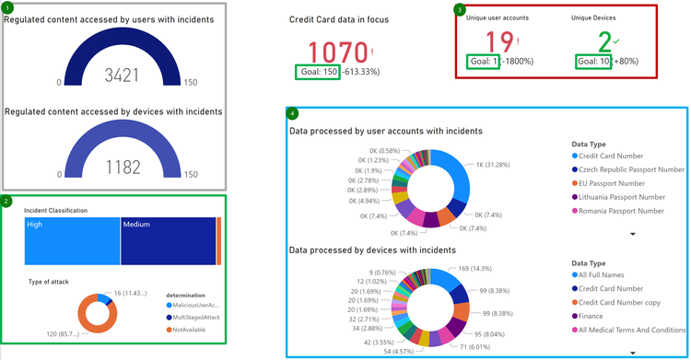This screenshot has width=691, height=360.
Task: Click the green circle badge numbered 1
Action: coord(6,6)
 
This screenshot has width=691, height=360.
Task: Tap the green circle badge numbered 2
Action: coord(6,201)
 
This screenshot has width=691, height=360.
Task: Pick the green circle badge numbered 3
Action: coord(461,9)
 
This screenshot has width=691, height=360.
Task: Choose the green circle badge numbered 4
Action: coord(292,114)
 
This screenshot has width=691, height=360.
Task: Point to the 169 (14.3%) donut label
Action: coord(478,270)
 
